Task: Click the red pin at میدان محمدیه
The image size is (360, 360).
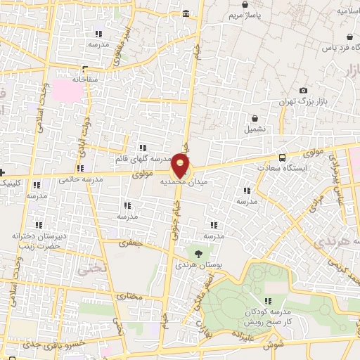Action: (x=181, y=167)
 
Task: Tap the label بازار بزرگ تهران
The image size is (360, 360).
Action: (x=304, y=103)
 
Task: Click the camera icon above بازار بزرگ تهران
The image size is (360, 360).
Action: (x=303, y=91)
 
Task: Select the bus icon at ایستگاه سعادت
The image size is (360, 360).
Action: (x=282, y=157)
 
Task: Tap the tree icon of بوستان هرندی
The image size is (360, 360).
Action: (x=198, y=252)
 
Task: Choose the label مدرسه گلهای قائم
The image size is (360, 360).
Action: (x=143, y=159)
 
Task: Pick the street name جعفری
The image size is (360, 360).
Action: (x=130, y=243)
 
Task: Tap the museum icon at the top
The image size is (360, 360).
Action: (x=186, y=13)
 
